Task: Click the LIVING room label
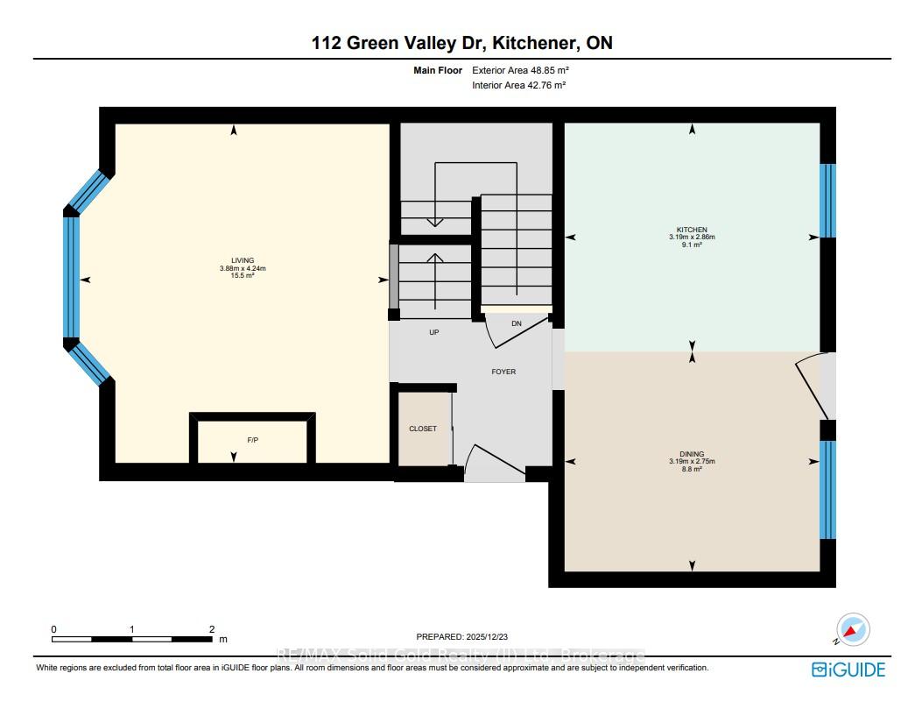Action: pyautogui.click(x=243, y=260)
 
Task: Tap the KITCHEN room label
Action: pyautogui.click(x=692, y=230)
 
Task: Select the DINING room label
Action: pyautogui.click(x=692, y=454)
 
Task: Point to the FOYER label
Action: pyautogui.click(x=503, y=372)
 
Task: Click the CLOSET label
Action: pyautogui.click(x=423, y=429)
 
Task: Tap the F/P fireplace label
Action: pyautogui.click(x=252, y=440)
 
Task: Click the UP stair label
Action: pyautogui.click(x=434, y=332)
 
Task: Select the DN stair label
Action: pyautogui.click(x=517, y=323)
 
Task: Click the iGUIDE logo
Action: pyautogui.click(x=848, y=670)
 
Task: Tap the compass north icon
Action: pyautogui.click(x=852, y=629)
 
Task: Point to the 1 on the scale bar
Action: pyautogui.click(x=132, y=629)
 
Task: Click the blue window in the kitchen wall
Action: pyautogui.click(x=827, y=201)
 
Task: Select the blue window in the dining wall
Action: pyautogui.click(x=827, y=490)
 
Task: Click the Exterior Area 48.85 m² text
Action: pyautogui.click(x=520, y=70)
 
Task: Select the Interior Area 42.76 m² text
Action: pyautogui.click(x=518, y=85)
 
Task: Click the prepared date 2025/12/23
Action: pyautogui.click(x=487, y=636)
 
